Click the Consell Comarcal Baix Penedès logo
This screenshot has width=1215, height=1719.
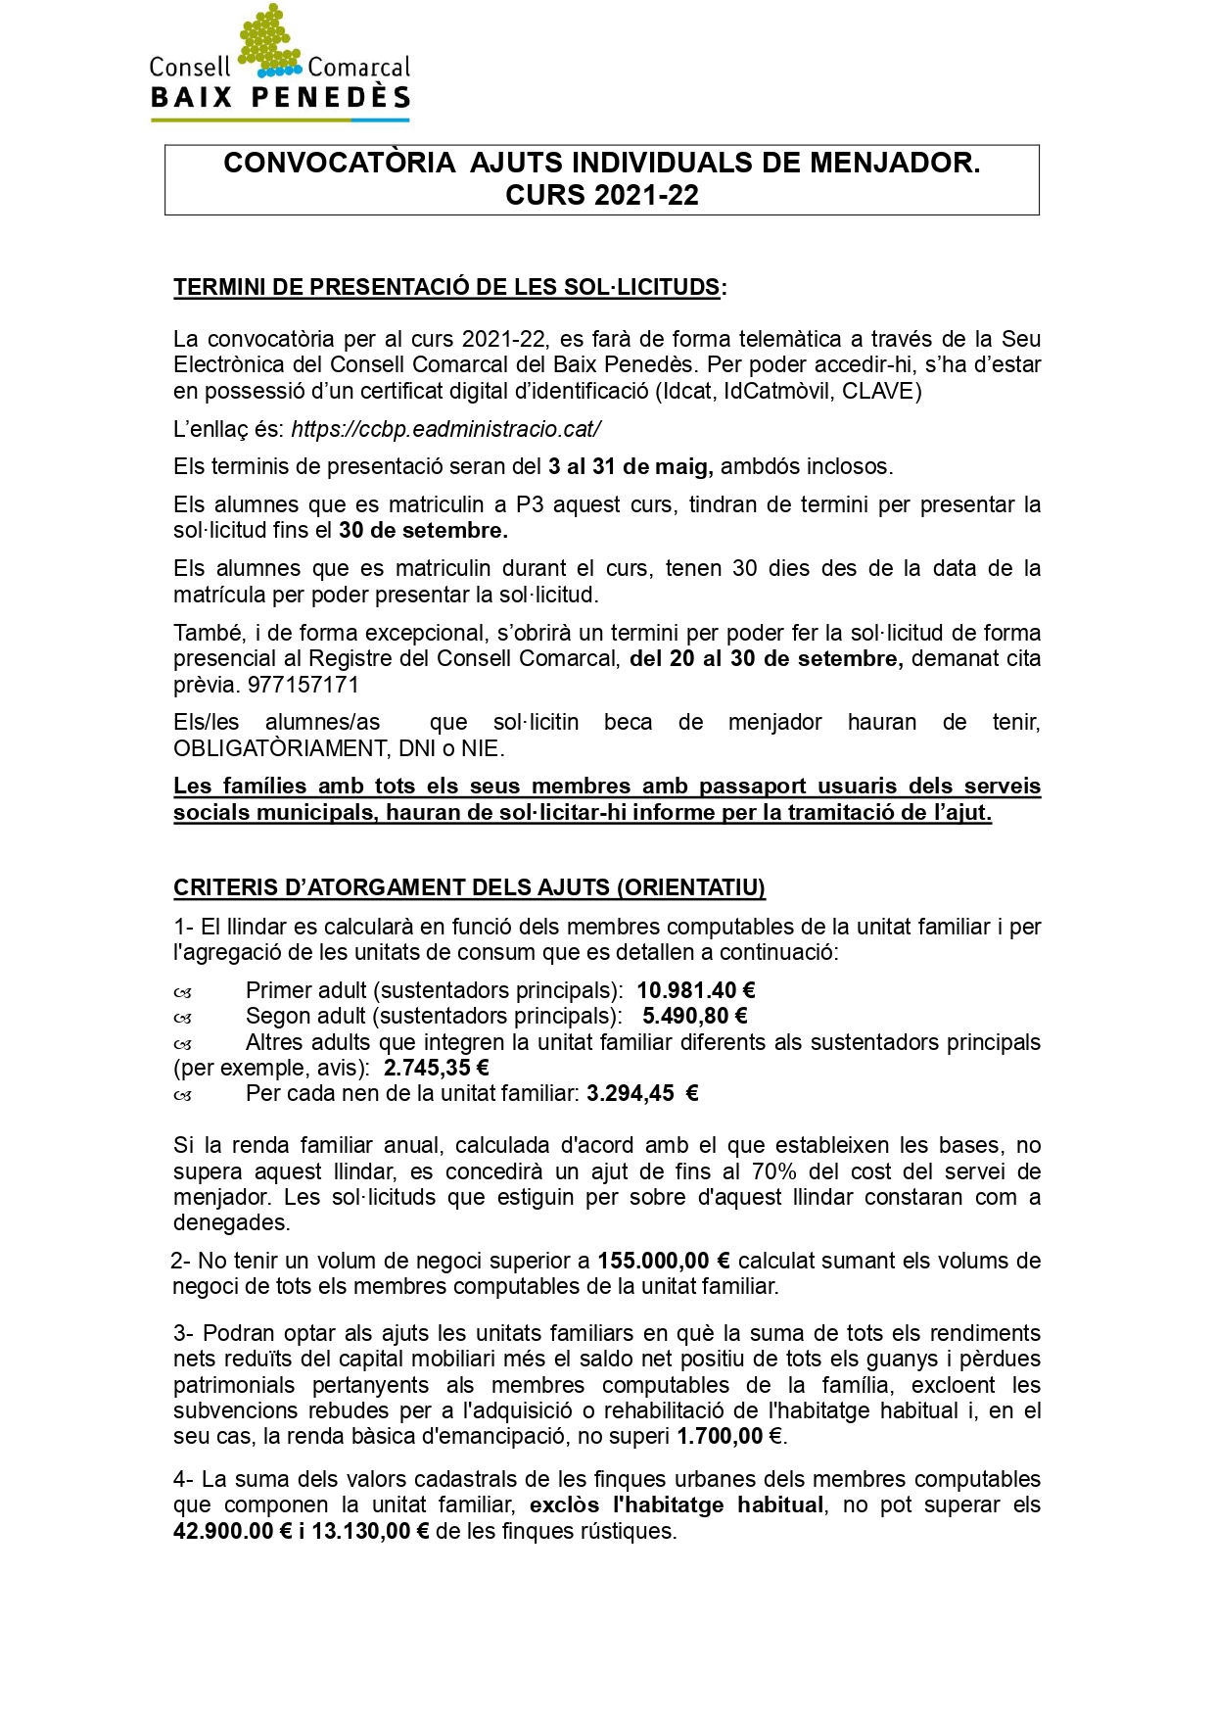280,65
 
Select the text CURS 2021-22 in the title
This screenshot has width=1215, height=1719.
601,195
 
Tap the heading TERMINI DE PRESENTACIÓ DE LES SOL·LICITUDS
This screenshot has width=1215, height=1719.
446,287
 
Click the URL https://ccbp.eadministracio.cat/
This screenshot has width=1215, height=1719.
445,429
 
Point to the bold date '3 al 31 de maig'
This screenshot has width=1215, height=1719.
630,466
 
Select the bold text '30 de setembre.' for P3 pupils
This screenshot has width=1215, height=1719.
423,530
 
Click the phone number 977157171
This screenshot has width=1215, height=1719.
304,684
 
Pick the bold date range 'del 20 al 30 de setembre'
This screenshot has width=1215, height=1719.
766,658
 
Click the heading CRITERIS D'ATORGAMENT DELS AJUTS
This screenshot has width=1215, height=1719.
469,887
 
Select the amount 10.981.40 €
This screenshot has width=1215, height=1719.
695,990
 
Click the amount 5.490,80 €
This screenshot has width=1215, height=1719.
695,1016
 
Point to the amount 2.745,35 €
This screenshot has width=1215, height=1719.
436,1068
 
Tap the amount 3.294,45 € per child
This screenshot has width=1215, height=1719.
642,1093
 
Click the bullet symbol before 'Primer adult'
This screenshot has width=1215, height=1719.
183,992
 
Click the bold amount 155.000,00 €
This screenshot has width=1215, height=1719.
664,1261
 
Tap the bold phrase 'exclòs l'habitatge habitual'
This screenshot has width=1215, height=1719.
676,1504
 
